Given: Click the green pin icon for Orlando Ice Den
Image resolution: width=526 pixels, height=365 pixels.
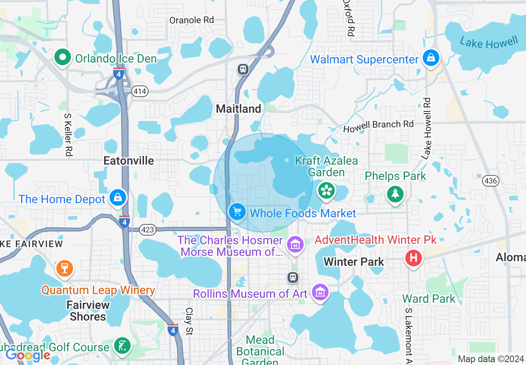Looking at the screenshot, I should tap(63, 58).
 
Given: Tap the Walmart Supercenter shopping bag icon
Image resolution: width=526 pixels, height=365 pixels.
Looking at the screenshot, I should tap(431, 58).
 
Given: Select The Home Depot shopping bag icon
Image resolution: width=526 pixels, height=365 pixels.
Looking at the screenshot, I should tap(118, 198).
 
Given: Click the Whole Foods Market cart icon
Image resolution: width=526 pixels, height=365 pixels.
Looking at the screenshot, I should tap(237, 212).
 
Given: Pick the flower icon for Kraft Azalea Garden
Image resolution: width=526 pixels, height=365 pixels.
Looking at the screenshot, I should tap(326, 191).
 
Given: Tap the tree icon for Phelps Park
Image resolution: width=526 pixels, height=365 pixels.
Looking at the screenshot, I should tap(395, 193).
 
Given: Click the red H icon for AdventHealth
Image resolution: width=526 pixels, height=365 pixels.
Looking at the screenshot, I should tap(413, 258).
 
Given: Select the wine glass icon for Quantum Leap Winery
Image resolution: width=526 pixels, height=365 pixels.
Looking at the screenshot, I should tap(64, 268).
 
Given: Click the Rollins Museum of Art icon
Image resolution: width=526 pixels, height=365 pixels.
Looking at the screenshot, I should tap(320, 292).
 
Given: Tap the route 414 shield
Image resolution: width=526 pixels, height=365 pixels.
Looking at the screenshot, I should tap(140, 91).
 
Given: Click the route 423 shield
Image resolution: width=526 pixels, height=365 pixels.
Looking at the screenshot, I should tap(148, 230).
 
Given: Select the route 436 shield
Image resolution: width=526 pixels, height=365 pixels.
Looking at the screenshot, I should tap(490, 181).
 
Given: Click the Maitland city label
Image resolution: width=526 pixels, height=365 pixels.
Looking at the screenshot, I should tap(239, 109).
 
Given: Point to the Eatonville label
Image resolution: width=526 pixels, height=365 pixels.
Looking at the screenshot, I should tap(129, 161).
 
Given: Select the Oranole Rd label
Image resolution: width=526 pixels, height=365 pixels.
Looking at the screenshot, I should tap(192, 20).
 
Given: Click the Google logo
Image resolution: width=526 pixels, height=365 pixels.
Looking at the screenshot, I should tap(28, 355).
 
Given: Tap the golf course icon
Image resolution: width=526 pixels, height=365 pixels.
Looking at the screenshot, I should tap(122, 346).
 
